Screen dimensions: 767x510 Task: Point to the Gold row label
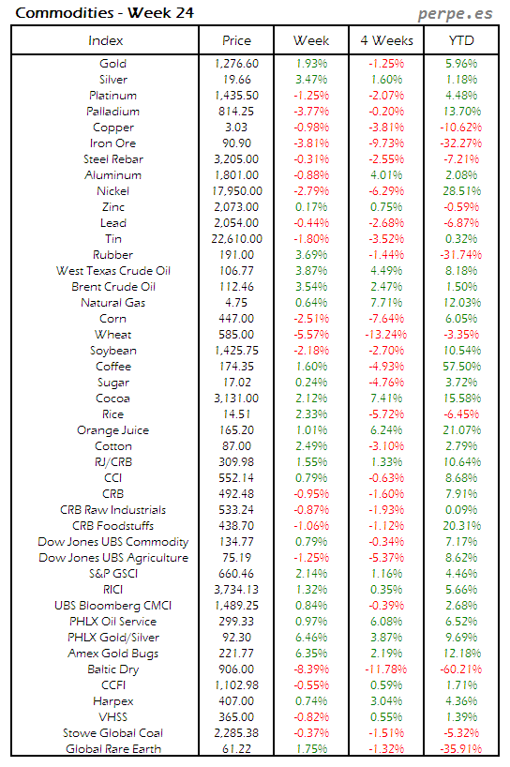[x=112, y=64]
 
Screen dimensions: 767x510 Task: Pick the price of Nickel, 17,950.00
[x=236, y=191]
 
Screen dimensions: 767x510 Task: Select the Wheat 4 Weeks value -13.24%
[x=385, y=335]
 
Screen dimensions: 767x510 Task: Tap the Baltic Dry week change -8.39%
[x=311, y=669]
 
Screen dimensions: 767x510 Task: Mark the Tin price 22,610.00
[x=236, y=239]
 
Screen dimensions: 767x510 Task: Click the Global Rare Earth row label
[x=112, y=749]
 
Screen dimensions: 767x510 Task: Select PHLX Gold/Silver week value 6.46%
[x=311, y=638]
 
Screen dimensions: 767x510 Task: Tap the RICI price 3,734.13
[x=236, y=590]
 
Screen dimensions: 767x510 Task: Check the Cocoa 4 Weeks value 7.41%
[x=385, y=399]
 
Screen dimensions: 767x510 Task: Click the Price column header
[x=236, y=40]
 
